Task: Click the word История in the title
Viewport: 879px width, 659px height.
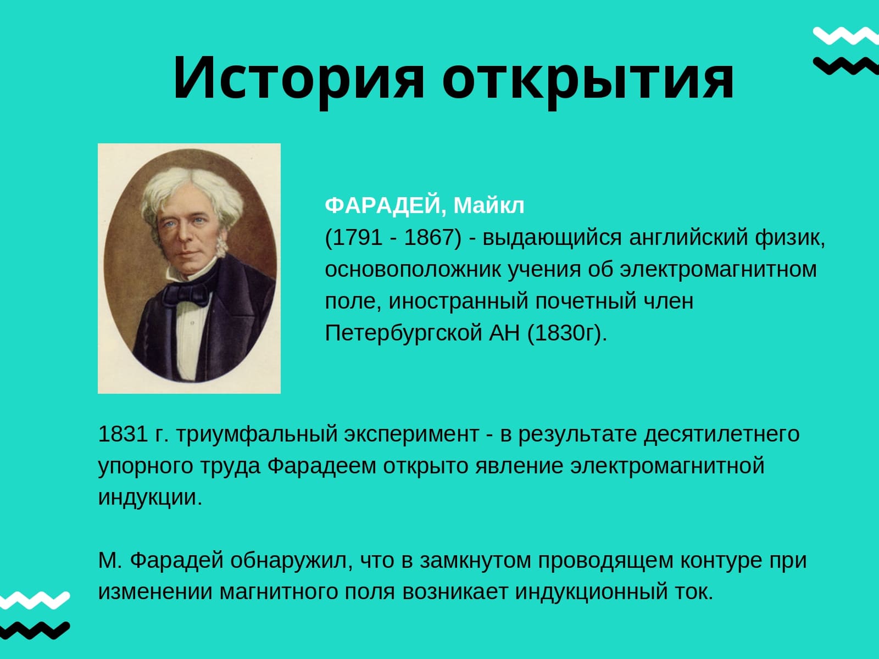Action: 298,77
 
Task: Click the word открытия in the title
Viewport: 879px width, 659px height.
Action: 588,82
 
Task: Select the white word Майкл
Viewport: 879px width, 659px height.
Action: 488,205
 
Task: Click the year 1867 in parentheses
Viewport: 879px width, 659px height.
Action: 430,237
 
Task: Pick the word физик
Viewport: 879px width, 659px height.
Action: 789,238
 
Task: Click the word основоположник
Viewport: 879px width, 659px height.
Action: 413,270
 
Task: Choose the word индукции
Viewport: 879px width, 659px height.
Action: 150,498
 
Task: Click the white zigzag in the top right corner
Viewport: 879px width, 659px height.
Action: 845,36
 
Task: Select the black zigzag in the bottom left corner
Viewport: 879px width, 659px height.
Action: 35,630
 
